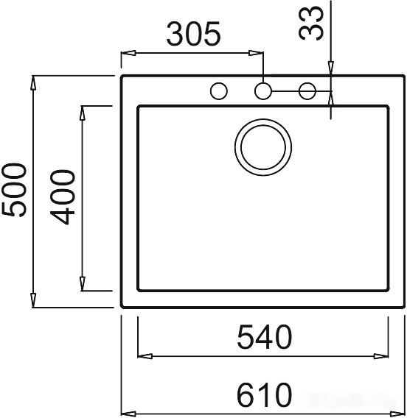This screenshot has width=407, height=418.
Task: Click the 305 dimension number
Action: [x=194, y=34]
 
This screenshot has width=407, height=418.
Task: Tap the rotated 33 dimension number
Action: [x=311, y=24]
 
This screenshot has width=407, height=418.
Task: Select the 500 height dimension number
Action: [x=15, y=190]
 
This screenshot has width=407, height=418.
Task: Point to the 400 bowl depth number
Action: [x=63, y=197]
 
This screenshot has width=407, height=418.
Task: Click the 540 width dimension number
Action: [x=265, y=337]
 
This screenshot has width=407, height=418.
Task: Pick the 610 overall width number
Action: [x=264, y=394]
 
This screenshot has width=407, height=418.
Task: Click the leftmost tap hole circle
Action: [x=219, y=91]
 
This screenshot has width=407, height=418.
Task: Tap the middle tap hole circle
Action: [x=263, y=91]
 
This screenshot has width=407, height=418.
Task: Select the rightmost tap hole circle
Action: [x=307, y=91]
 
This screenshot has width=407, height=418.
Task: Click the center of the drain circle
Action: [x=263, y=147]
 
